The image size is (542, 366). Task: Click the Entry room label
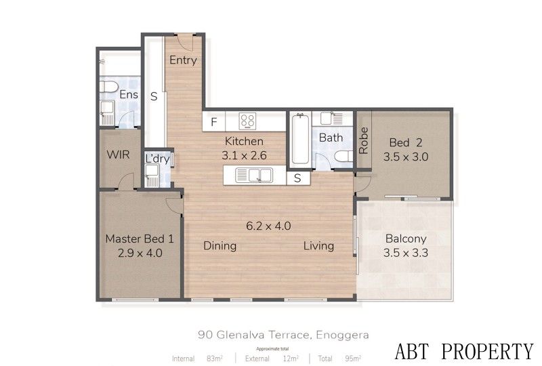(x=183, y=60)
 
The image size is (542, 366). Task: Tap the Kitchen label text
(x=244, y=142)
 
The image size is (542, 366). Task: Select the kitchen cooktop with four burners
(x=248, y=122)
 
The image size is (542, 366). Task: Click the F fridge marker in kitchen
(x=213, y=123)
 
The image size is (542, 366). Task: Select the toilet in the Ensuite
(x=108, y=86)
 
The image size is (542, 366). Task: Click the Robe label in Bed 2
(x=364, y=140)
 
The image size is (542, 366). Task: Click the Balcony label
(x=406, y=239)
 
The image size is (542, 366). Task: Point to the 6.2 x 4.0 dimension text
(x=268, y=226)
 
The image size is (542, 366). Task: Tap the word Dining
(x=220, y=245)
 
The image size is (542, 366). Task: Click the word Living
(x=318, y=245)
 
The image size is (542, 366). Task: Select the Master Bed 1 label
(x=140, y=239)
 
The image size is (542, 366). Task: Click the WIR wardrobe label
(x=119, y=155)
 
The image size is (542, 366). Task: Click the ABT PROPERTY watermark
(x=464, y=351)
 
